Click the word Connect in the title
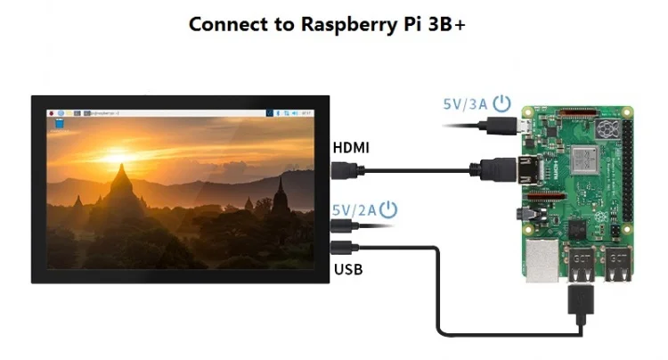click(x=229, y=24)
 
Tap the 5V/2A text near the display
click(x=353, y=210)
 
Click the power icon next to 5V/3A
click(x=502, y=102)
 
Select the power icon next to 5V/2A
click(x=388, y=210)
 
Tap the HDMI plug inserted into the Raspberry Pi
click(x=495, y=167)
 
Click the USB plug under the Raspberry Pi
click(x=580, y=302)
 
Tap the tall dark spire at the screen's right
click(x=281, y=196)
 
